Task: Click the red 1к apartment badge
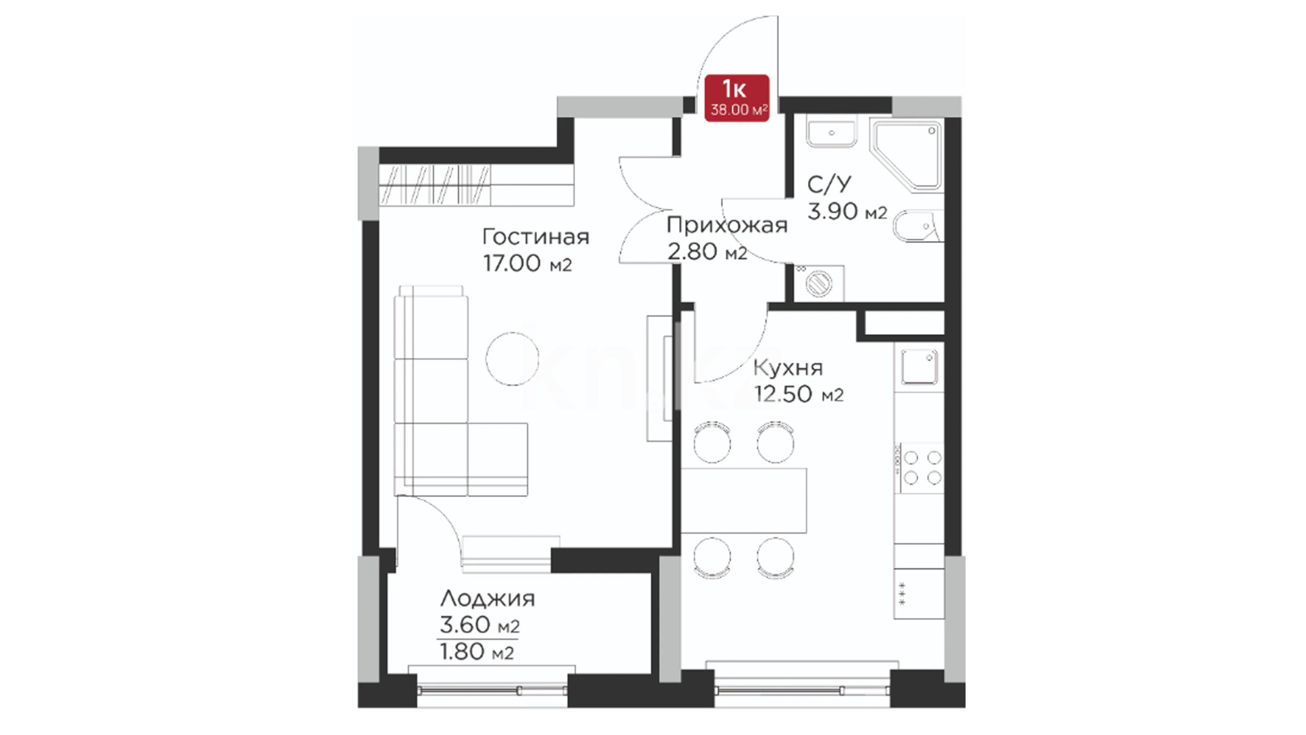737,98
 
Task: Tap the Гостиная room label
535,237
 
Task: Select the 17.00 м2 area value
527,263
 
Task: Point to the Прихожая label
726,225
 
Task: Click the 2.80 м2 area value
707,252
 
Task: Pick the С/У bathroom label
828,184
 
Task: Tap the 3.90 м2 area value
847,212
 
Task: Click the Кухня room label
788,367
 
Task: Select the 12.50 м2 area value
799,394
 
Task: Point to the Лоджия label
487,599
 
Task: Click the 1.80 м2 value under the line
477,652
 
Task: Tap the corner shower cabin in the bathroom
907,155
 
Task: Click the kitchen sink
919,367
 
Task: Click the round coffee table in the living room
512,358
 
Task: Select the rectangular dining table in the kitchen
744,500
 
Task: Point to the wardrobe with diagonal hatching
435,185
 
